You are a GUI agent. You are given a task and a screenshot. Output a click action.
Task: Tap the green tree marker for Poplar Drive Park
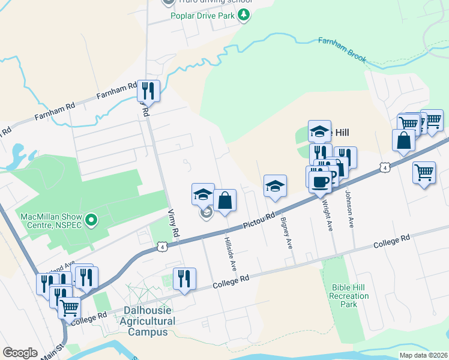pos(244,16)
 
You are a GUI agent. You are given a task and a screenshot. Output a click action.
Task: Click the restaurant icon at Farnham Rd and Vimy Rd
pos(148,91)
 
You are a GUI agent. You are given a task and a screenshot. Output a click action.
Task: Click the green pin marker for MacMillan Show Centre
pos(91,221)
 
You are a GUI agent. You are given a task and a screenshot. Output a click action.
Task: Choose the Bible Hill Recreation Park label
pos(349,296)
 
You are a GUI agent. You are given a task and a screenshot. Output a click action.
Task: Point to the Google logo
pos(20,353)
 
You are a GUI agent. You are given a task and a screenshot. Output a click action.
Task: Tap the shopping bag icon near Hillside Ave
pos(224,200)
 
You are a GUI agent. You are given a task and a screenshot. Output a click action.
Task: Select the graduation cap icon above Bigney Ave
pos(275,186)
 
